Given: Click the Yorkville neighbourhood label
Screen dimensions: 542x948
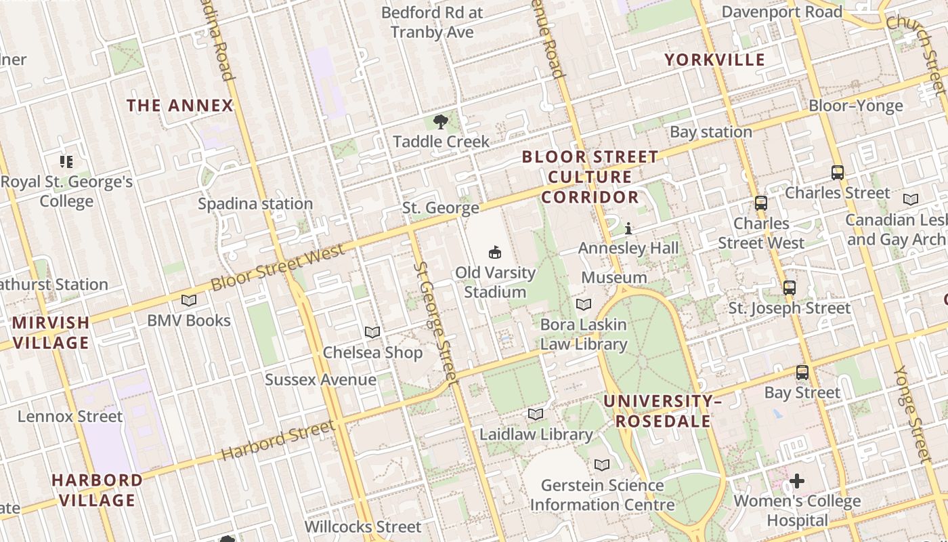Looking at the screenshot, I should click(714, 60).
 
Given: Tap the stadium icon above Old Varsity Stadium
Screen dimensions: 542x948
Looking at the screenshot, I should click(496, 252).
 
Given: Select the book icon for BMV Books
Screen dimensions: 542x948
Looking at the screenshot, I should click(189, 300).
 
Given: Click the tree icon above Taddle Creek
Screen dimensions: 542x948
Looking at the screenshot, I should click(441, 122).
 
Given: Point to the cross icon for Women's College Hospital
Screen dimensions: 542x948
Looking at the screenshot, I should click(797, 481).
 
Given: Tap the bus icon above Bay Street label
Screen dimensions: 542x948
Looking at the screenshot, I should click(802, 373).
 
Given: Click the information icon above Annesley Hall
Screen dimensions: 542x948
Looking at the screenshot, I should click(628, 228).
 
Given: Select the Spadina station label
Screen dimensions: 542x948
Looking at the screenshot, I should click(255, 204).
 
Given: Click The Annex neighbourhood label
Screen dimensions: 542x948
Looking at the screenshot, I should click(180, 106).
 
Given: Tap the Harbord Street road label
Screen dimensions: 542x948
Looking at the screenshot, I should click(278, 441).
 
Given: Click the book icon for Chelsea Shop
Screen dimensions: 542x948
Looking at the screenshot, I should click(372, 332).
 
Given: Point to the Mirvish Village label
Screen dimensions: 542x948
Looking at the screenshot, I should click(51, 333).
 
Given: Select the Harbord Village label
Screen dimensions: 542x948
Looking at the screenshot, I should click(98, 491).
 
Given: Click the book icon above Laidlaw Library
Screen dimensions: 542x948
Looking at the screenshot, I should click(536, 414).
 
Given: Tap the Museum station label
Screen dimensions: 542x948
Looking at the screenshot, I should click(614, 278).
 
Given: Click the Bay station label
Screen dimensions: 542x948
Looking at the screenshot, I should click(711, 132).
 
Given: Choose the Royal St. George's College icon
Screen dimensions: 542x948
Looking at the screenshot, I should click(66, 161).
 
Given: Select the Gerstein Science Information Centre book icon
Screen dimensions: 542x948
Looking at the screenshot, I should click(602, 465).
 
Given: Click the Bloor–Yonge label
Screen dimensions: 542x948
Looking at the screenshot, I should click(856, 106).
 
